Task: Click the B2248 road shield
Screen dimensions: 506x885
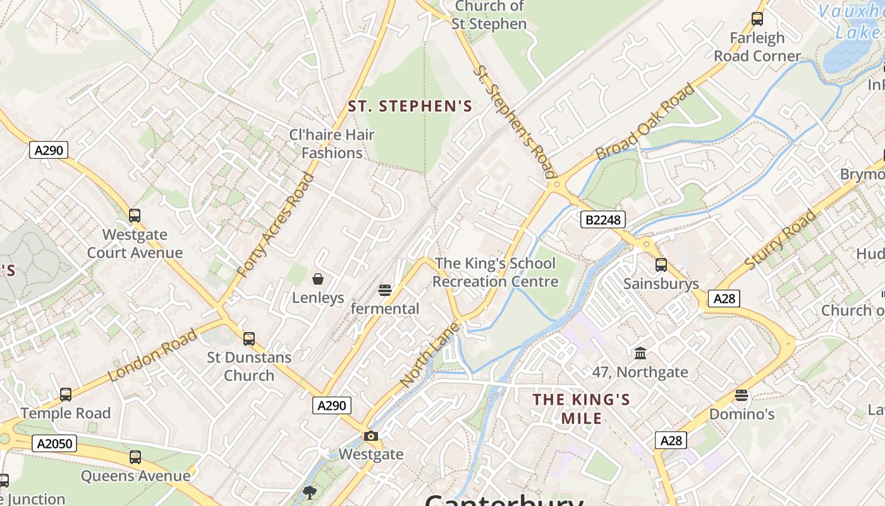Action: coord(603,219)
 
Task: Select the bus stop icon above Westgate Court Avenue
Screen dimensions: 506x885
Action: coord(135,216)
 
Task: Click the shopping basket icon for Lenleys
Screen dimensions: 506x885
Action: coord(318,279)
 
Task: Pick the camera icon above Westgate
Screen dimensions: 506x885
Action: coord(370,436)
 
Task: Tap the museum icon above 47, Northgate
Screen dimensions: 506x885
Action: coord(640,353)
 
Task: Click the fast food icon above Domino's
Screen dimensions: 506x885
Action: coord(742,395)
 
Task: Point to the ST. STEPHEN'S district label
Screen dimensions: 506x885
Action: coord(410,106)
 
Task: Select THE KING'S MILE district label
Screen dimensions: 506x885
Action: coord(581,409)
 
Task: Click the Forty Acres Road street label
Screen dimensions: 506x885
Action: coord(276,224)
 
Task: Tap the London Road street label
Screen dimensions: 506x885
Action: coord(152,354)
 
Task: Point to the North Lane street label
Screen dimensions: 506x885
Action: coord(430,355)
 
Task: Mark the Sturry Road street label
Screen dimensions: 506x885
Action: coord(780,240)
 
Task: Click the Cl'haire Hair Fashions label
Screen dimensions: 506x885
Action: coord(332,144)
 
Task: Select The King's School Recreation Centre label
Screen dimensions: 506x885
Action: coord(496,273)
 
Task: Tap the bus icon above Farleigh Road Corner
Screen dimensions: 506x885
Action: coord(757,19)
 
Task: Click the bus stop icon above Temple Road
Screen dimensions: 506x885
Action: coord(66,395)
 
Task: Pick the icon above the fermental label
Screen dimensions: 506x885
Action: coord(385,290)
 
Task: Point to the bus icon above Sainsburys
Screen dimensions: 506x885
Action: coord(661,265)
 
